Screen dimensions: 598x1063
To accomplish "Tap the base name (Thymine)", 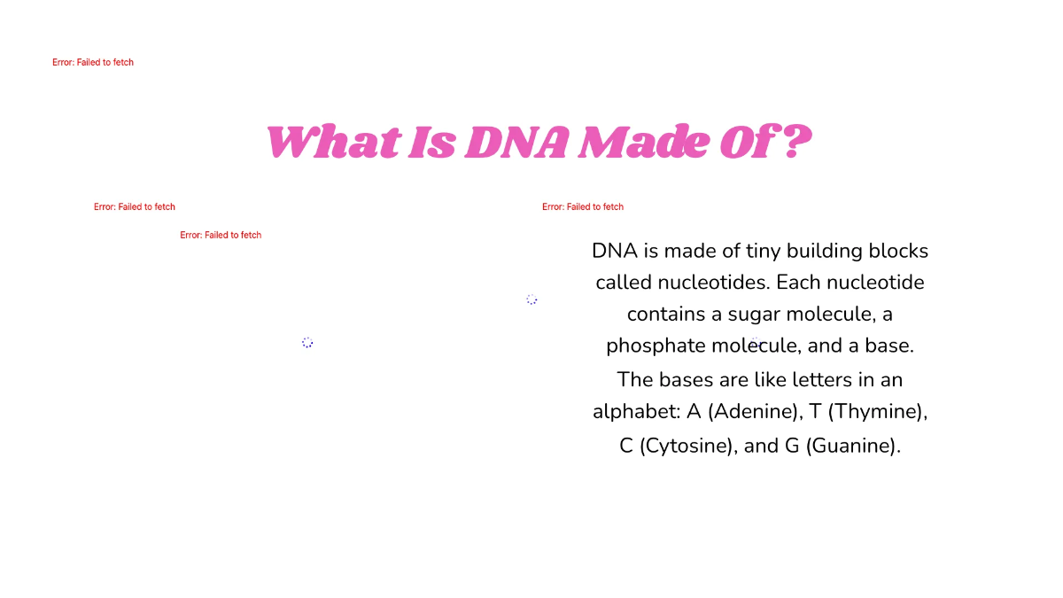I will click(x=879, y=413).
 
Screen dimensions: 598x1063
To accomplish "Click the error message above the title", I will click(x=93, y=63).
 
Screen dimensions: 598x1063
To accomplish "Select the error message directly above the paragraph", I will click(x=583, y=207).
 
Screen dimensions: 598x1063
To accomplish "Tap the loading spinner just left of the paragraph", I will click(x=531, y=299).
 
